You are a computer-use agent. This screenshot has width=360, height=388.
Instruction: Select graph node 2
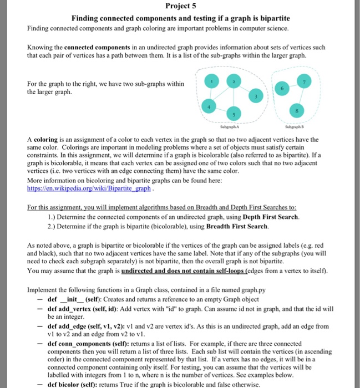(235, 81)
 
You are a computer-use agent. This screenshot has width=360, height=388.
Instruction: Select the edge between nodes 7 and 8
(318, 96)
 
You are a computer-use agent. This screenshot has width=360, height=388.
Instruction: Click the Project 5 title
(180, 7)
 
